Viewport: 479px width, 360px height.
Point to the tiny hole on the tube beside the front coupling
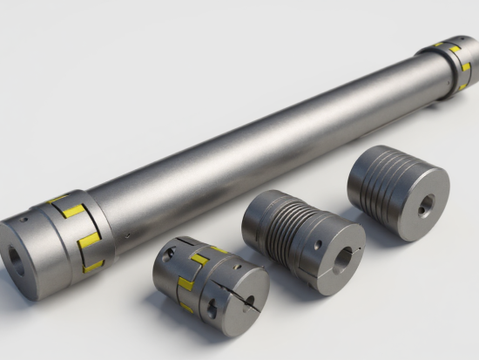click(127, 234)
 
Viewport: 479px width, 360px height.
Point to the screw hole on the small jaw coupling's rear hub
click(172, 252)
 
